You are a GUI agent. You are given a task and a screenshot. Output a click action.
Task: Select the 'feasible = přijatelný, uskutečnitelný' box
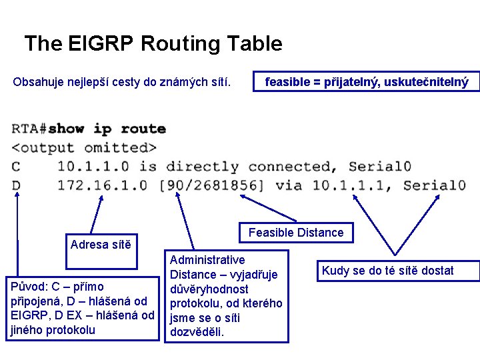click(366, 82)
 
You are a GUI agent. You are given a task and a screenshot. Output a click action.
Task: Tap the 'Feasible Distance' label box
click(296, 233)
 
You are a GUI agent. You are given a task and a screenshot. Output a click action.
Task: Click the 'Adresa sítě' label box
click(101, 244)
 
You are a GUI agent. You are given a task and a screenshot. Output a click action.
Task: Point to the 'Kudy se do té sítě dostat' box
click(397, 271)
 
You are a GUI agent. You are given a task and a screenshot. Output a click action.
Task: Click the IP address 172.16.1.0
click(102, 185)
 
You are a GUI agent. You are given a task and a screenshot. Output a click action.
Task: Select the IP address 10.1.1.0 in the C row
click(93, 166)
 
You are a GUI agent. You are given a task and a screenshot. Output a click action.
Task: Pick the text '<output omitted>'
click(83, 147)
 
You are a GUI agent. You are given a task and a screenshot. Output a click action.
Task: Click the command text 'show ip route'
click(106, 129)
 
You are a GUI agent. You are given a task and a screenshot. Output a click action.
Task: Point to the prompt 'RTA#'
click(29, 129)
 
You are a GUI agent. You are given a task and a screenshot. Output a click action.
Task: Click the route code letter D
click(16, 185)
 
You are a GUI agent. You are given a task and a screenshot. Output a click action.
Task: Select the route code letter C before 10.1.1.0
click(16, 166)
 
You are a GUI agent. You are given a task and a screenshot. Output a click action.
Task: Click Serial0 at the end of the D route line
click(434, 185)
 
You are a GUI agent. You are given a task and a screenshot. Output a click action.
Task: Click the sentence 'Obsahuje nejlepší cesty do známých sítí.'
click(122, 83)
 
